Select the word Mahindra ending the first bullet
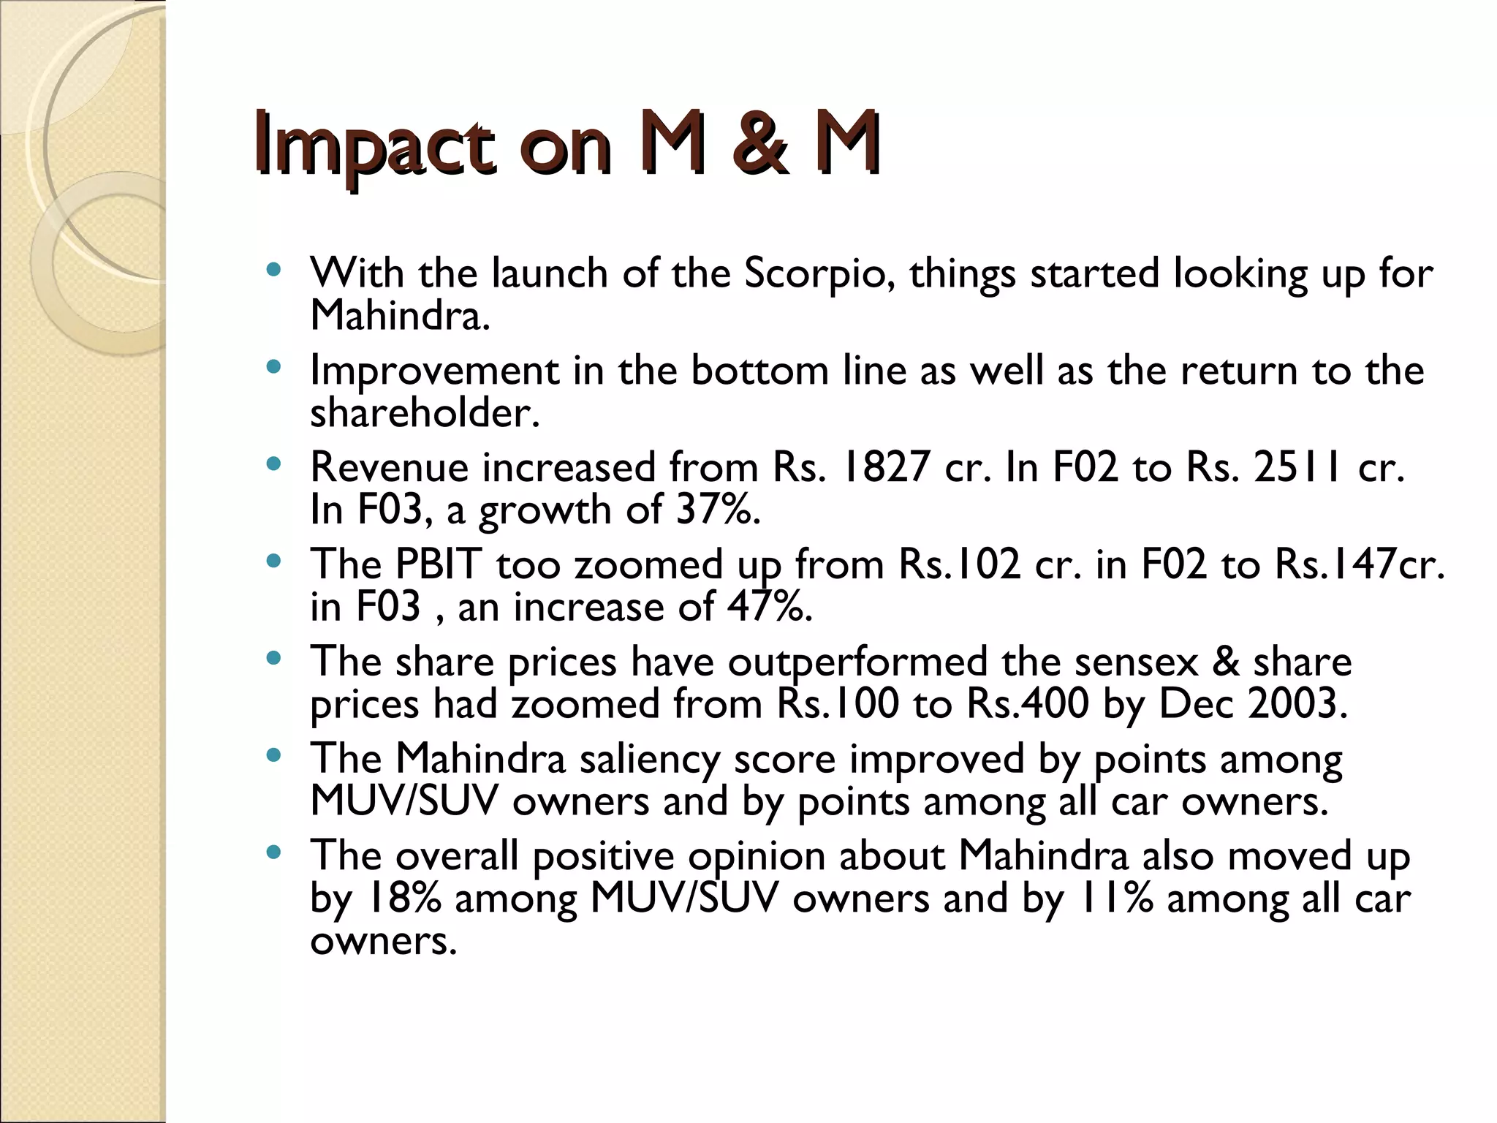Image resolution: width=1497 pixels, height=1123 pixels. [x=399, y=316]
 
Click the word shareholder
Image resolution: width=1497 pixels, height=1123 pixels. [x=424, y=413]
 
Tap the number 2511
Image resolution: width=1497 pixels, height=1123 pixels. [x=1300, y=468]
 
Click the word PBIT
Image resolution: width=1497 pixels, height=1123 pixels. [x=439, y=565]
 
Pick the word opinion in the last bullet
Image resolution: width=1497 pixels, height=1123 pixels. [x=756, y=857]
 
